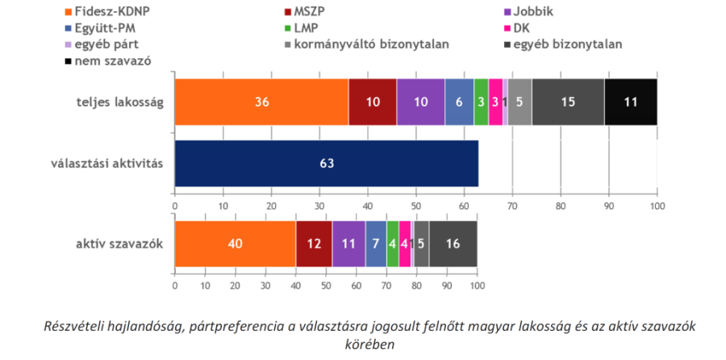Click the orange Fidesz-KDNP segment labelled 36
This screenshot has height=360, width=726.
[261, 103]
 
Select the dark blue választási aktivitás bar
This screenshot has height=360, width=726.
[326, 163]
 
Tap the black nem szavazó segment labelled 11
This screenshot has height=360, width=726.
[631, 103]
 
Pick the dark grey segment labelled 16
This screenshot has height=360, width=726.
[453, 244]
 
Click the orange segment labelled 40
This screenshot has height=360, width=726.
[235, 244]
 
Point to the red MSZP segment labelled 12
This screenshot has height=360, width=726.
[314, 244]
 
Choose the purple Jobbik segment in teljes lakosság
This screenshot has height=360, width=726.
[420, 103]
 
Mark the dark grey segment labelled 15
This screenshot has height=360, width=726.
[568, 103]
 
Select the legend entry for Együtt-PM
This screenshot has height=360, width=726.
[102, 28]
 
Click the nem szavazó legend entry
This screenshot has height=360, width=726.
[111, 61]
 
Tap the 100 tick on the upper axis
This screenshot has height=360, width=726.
[657, 207]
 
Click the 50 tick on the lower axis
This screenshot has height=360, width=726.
[325, 285]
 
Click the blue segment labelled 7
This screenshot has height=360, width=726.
[376, 244]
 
